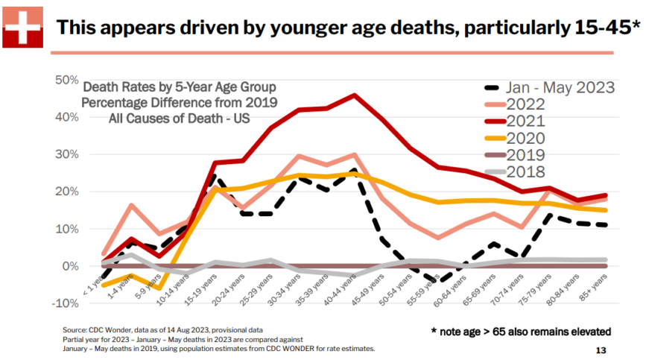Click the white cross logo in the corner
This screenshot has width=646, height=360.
tap(24, 27)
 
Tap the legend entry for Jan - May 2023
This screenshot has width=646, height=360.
tap(548, 86)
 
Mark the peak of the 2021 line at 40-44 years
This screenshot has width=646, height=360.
tap(354, 95)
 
